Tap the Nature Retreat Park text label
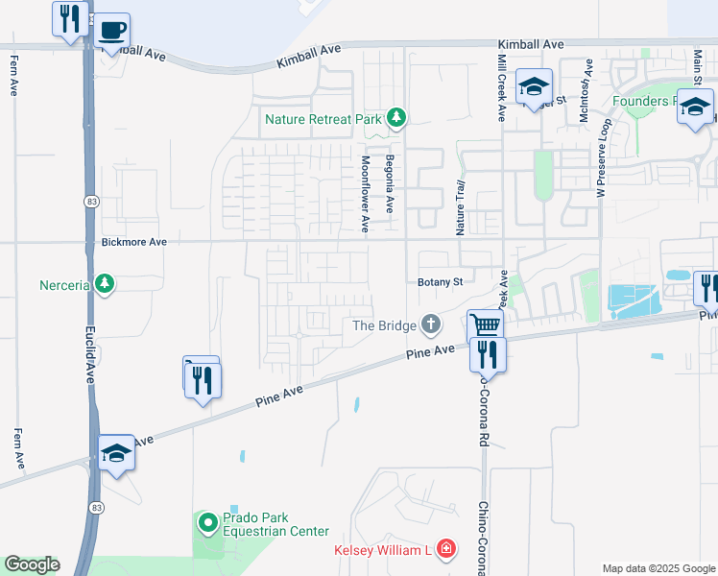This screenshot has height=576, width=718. pos(323,120)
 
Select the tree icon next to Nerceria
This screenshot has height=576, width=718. pos(105,284)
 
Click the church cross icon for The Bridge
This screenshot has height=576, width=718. pos(432,325)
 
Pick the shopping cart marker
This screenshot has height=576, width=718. pos(486,325)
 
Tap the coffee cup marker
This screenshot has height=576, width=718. pos(112,31)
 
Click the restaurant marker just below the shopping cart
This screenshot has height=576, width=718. pos(488,354)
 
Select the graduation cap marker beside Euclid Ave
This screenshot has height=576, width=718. pos(117,452)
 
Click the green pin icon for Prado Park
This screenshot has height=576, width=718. pos(208,523)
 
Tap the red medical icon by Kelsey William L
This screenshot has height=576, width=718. pos(445,550)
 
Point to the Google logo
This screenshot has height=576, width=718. pos(32,564)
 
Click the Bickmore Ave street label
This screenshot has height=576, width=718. pos(134,243)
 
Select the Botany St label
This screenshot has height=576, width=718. pos(441,282)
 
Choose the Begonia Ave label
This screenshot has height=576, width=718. pos(390,184)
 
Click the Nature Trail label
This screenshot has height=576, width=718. pos(461,208)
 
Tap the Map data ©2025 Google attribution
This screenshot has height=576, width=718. pos(659,568)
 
